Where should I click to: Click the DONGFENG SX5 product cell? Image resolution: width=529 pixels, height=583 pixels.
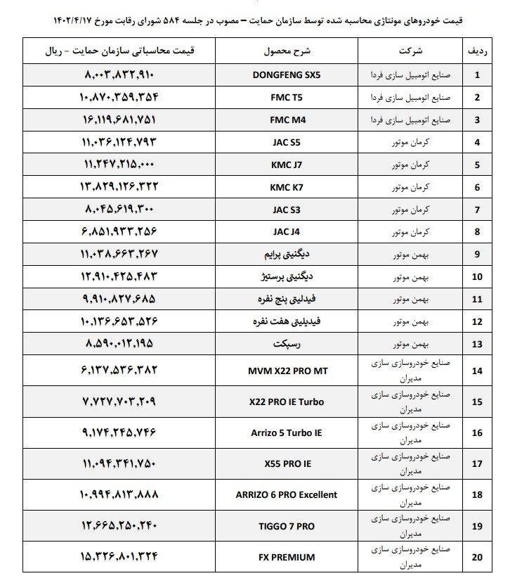tap(285, 74)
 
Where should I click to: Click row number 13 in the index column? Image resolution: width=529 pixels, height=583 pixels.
tap(478, 344)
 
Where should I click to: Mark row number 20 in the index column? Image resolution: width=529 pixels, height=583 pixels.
tap(478, 558)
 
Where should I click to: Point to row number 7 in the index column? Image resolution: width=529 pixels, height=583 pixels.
tap(478, 210)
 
